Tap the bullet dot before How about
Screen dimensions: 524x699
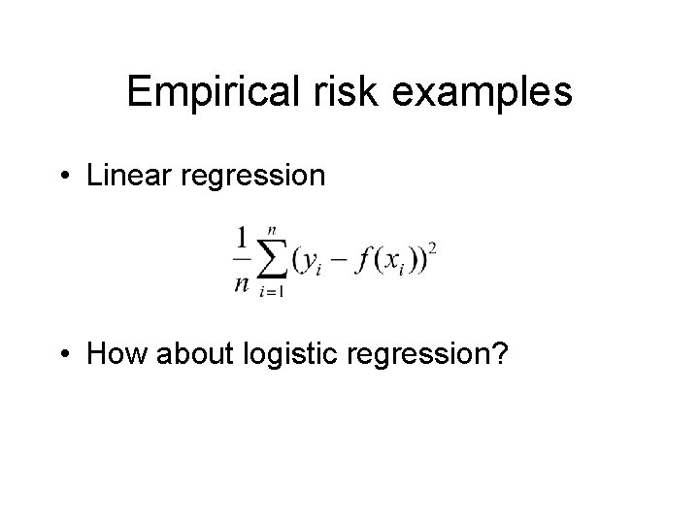pyautogui.click(x=65, y=356)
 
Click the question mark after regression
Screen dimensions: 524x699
pyautogui.click(x=498, y=355)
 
